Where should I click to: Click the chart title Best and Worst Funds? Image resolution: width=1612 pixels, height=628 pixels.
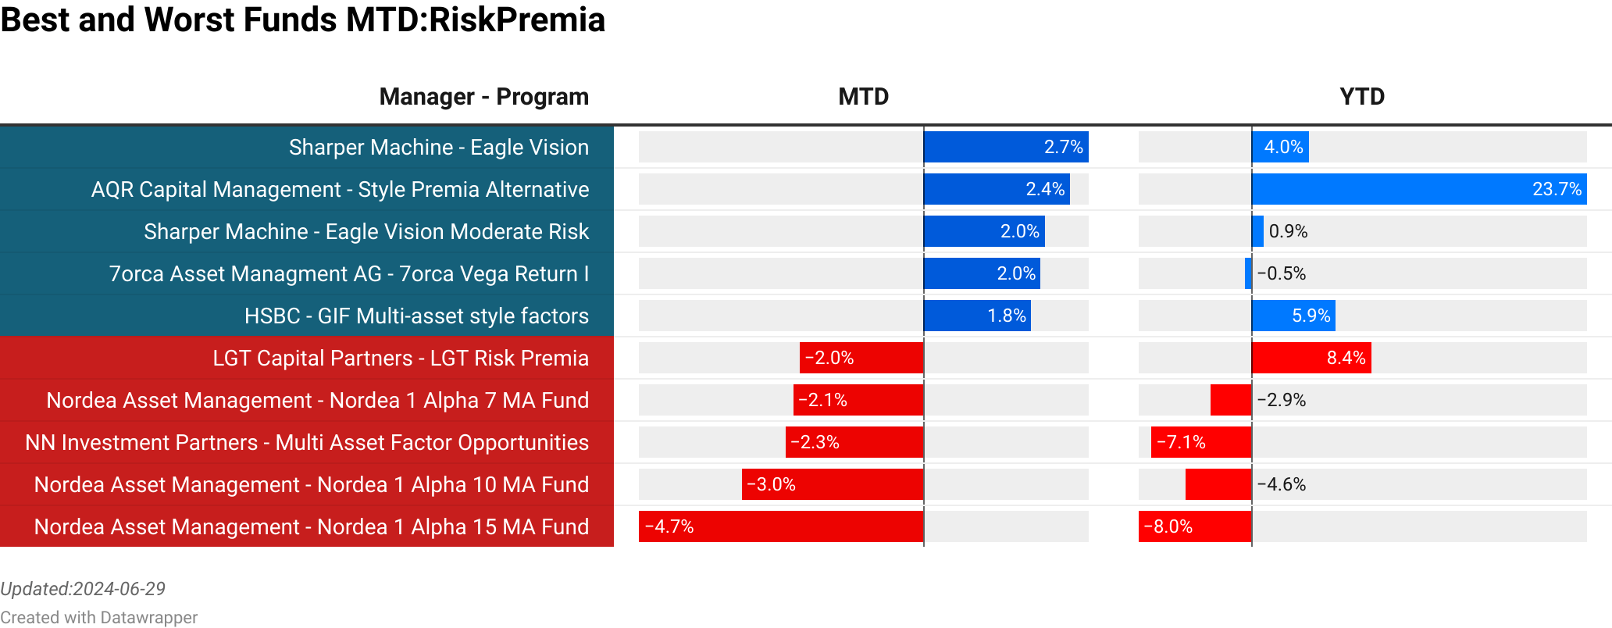[302, 20]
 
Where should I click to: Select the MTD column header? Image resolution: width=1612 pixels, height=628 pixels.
[863, 97]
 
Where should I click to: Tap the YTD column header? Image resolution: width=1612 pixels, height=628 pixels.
[1361, 97]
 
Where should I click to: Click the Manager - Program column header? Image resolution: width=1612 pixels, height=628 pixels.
[483, 97]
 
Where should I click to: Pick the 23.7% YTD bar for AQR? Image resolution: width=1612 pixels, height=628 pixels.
[1418, 189]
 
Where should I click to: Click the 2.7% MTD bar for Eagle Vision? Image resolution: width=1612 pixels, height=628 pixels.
[1006, 147]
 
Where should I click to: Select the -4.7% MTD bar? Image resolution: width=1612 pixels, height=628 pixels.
[781, 526]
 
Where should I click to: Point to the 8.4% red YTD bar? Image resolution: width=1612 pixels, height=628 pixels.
[1311, 358]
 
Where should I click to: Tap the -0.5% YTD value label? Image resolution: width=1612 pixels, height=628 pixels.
[1282, 273]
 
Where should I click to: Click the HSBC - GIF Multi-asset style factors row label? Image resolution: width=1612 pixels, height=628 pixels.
[416, 316]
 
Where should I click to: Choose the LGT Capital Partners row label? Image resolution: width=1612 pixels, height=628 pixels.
[401, 358]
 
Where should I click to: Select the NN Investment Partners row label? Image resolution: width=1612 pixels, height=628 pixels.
[307, 442]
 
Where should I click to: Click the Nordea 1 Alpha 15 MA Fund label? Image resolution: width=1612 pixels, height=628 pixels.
[312, 526]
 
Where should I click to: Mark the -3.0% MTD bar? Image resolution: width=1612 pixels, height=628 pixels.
[833, 484]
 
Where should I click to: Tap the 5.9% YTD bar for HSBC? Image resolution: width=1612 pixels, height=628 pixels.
[1293, 316]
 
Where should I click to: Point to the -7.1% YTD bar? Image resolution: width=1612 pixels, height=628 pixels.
[1201, 442]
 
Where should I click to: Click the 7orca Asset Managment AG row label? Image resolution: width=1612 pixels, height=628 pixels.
[348, 273]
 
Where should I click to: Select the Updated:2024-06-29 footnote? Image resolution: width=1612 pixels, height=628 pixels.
[83, 589]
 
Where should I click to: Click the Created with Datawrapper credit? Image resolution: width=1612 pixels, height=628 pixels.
[98, 617]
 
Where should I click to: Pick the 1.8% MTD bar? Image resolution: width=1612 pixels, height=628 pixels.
[977, 316]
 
